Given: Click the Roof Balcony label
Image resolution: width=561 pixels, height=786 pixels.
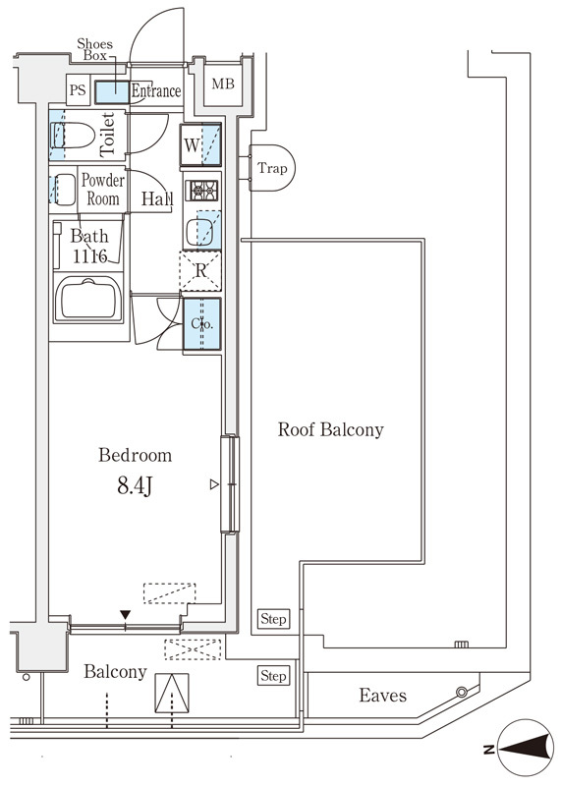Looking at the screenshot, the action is pyautogui.click(x=330, y=429).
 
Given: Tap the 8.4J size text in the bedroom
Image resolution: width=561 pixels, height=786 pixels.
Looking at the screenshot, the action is pyautogui.click(x=135, y=485).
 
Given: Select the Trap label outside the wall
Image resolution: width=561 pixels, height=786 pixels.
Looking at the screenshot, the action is pyautogui.click(x=272, y=168).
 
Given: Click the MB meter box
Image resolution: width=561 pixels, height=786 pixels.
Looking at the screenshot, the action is pyautogui.click(x=223, y=84).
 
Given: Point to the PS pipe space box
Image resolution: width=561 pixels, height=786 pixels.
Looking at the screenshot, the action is pyautogui.click(x=78, y=90).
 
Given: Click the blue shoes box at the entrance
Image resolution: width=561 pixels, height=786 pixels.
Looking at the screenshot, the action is pyautogui.click(x=112, y=91).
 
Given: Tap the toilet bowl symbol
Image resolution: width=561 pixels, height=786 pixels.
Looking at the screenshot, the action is pyautogui.click(x=74, y=136).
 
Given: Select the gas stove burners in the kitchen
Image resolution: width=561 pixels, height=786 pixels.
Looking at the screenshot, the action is pyautogui.click(x=202, y=191).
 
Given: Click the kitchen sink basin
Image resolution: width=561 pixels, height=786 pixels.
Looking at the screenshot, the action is pyautogui.click(x=200, y=232).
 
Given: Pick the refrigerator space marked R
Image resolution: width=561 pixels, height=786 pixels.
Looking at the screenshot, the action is pyautogui.click(x=200, y=271).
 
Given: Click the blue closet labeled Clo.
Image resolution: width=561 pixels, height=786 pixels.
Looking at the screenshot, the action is pyautogui.click(x=201, y=324).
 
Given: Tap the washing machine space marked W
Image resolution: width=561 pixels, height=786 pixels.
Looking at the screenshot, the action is pyautogui.click(x=200, y=144).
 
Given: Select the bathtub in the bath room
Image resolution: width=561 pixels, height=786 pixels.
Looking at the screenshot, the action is pyautogui.click(x=88, y=299).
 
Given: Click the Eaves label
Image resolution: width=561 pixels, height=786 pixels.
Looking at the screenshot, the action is pyautogui.click(x=382, y=696).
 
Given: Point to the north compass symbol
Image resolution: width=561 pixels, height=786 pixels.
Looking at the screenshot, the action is pyautogui.click(x=525, y=749).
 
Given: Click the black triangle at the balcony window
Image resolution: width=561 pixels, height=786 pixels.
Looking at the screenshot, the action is pyautogui.click(x=126, y=615).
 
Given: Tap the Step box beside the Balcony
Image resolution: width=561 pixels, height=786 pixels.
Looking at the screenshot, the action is pyautogui.click(x=273, y=676).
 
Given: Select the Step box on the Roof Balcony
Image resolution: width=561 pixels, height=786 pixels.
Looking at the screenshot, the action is pyautogui.click(x=273, y=619).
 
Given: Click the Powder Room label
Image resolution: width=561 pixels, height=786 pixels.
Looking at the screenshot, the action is pyautogui.click(x=103, y=190).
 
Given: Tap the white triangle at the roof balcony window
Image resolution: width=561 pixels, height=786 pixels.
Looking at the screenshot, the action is pyautogui.click(x=214, y=484).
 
